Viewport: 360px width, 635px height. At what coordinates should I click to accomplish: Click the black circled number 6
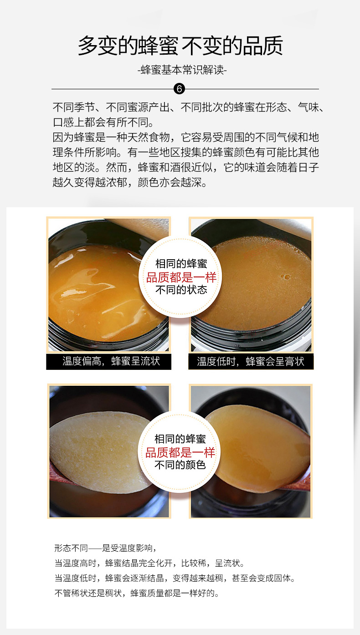pyautogui.click(x=179, y=89)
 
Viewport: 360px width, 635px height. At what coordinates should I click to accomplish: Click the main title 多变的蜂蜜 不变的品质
pyautogui.click(x=180, y=46)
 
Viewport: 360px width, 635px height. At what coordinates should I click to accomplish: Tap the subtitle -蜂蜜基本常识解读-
pyautogui.click(x=182, y=70)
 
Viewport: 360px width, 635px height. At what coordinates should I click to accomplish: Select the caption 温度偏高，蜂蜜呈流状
pyautogui.click(x=111, y=361)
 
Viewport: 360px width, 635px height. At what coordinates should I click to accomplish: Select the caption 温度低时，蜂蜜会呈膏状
pyautogui.click(x=251, y=361)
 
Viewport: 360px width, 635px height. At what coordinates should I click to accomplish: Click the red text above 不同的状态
pyautogui.click(x=181, y=277)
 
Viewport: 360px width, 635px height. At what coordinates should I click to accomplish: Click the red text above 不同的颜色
pyautogui.click(x=180, y=452)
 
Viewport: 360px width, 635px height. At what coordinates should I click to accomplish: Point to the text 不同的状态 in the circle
pyautogui.click(x=181, y=290)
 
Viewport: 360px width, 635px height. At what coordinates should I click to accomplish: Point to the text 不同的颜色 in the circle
pyautogui.click(x=180, y=465)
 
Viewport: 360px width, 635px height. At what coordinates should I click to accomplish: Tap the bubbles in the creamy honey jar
pyautogui.click(x=285, y=277)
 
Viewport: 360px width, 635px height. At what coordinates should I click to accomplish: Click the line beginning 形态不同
pyautogui.click(x=106, y=548)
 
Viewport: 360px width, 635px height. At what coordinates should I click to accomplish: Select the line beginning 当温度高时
pyautogui.click(x=149, y=563)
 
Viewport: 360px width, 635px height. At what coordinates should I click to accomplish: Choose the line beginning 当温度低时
pyautogui.click(x=175, y=578)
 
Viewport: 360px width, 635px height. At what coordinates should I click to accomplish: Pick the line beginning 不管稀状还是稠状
pyautogui.click(x=137, y=593)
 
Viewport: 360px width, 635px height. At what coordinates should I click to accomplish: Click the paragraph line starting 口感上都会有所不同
pyautogui.click(x=103, y=122)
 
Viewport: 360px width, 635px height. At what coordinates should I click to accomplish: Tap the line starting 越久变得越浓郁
pyautogui.click(x=130, y=182)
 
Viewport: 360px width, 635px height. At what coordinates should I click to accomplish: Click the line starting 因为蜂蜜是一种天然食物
pyautogui.click(x=186, y=137)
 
